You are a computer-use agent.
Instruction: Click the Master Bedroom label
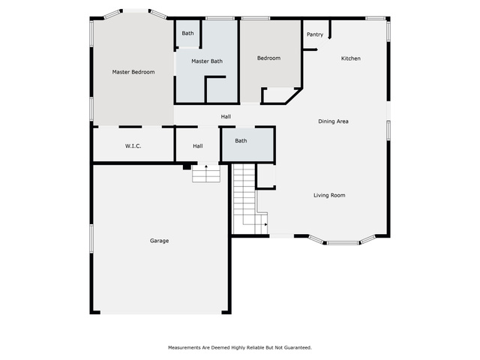pyautogui.click(x=133, y=72)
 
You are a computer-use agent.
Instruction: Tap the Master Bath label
pyautogui.click(x=207, y=61)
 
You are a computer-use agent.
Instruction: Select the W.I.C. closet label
pyautogui.click(x=133, y=146)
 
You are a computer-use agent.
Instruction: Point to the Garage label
pyautogui.click(x=159, y=241)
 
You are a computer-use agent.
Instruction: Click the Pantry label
pyautogui.click(x=315, y=34)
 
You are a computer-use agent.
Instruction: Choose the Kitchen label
pyautogui.click(x=351, y=58)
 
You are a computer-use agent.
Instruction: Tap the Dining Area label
pyautogui.click(x=333, y=121)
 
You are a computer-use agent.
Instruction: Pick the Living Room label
pyautogui.click(x=329, y=195)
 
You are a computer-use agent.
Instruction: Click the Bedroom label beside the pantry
pyautogui.click(x=268, y=58)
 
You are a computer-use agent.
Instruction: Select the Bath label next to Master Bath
pyautogui.click(x=187, y=33)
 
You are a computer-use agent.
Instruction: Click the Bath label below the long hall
pyautogui.click(x=241, y=141)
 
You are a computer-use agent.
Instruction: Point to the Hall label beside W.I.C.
pyautogui.click(x=198, y=146)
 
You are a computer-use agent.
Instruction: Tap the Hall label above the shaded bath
pyautogui.click(x=226, y=117)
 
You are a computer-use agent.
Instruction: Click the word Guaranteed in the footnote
pyautogui.click(x=298, y=348)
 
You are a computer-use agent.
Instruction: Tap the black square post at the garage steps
pyautogui.click(x=187, y=166)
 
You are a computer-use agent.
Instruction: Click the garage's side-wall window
pyautogui.click(x=91, y=238)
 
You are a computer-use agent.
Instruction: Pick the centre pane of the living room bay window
pyautogui.click(x=343, y=243)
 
